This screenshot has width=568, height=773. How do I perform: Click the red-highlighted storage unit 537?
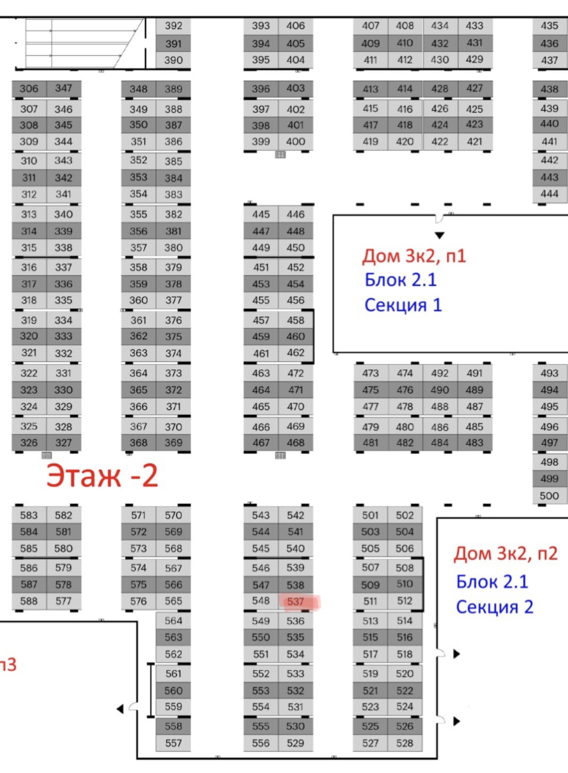[x=296, y=602]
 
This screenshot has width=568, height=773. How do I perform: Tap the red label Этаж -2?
[x=102, y=476]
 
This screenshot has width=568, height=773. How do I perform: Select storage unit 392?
[x=173, y=26]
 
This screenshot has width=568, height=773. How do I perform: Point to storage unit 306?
[x=29, y=89]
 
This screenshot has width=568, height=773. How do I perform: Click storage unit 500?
[x=549, y=496]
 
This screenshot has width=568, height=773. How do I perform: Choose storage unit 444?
[x=549, y=194]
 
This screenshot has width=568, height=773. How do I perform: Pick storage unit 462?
[x=296, y=353]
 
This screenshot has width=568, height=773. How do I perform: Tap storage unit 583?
[x=29, y=515]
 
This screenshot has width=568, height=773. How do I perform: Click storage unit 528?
[x=404, y=743]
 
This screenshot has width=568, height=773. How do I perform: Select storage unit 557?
[x=173, y=743]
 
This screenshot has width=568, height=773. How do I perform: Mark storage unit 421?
[x=474, y=142]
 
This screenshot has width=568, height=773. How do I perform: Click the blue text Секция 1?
[x=403, y=305]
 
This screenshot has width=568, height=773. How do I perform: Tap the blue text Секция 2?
[x=494, y=607]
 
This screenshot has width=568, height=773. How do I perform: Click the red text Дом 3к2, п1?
[x=414, y=256]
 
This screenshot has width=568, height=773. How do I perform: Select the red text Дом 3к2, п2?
[x=505, y=554]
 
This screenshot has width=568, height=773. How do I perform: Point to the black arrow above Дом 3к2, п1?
[x=439, y=236]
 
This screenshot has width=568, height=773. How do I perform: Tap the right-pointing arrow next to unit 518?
[x=456, y=654]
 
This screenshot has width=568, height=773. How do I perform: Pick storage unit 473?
[x=370, y=373]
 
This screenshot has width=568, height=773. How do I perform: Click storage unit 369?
[x=173, y=443]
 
